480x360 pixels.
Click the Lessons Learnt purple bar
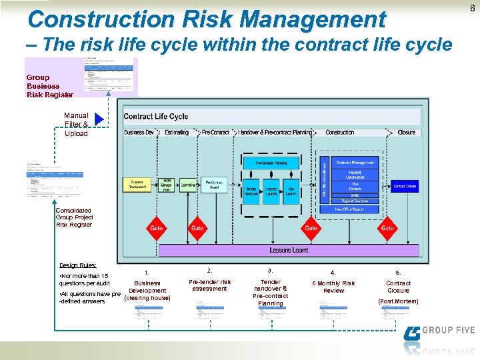tap(289, 250)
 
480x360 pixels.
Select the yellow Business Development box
tap(137, 185)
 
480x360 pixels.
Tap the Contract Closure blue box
tap(404, 186)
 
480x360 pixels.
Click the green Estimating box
tap(189, 184)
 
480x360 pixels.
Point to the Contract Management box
tap(355, 162)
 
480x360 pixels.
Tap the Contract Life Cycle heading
tap(156, 116)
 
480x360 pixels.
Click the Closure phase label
tap(406, 132)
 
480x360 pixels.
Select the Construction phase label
tap(340, 132)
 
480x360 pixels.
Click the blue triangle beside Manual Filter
tap(99, 119)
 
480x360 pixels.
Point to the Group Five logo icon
tap(412, 333)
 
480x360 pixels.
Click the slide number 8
tap(472, 8)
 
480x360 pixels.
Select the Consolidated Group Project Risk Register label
tap(74, 217)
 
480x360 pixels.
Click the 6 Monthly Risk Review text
tap(333, 287)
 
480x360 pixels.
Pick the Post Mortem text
tap(398, 301)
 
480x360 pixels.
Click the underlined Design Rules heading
tap(78, 265)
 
